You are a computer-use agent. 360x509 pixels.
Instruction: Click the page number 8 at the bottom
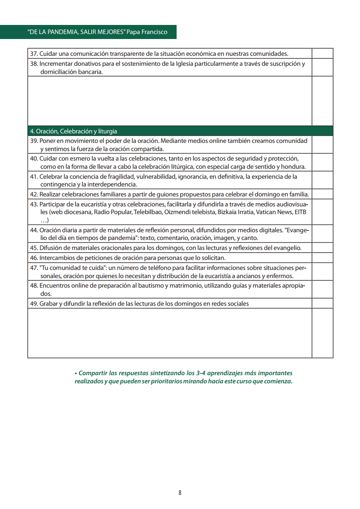(180, 493)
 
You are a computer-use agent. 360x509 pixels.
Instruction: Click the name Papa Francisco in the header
(148, 32)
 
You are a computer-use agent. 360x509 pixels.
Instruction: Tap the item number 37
(34, 54)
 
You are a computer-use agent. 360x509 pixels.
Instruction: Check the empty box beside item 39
(322, 145)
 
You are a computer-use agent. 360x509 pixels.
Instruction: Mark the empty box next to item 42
(322, 194)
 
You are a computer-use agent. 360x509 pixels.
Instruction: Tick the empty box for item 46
(322, 258)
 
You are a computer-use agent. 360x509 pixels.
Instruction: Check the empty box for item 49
(322, 303)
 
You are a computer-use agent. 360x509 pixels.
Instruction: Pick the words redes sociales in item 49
(228, 303)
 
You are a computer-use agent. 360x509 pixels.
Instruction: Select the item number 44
(34, 230)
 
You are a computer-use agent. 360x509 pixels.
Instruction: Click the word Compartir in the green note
(94, 373)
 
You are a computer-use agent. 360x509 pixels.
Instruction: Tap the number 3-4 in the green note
(202, 373)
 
